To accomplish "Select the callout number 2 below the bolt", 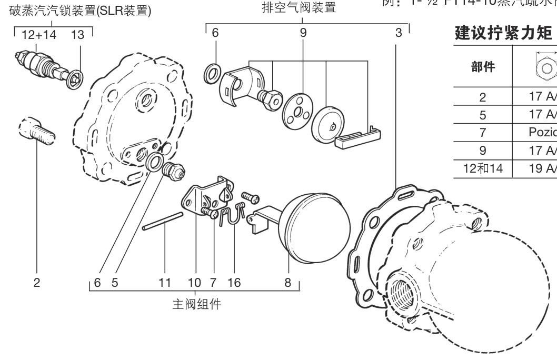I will coord(37,283).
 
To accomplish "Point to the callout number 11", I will coord(165,283).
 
